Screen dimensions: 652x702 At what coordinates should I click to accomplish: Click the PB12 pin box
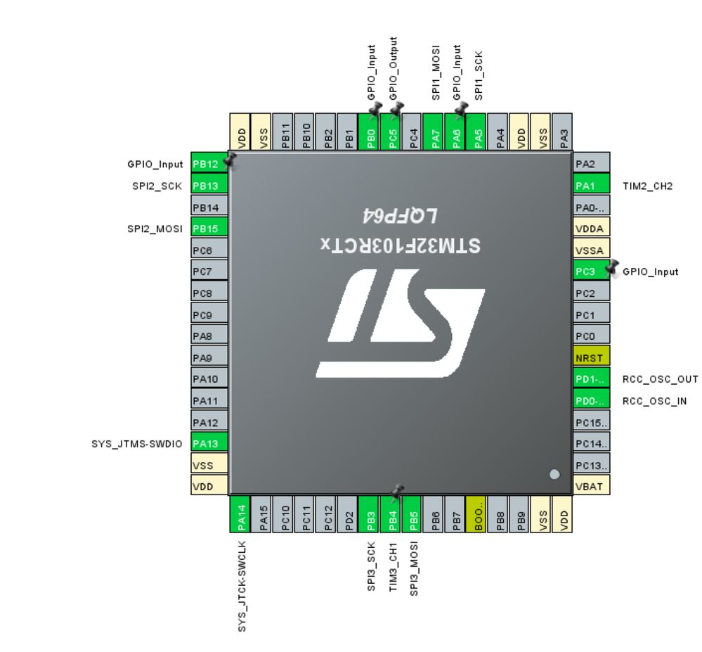(x=209, y=164)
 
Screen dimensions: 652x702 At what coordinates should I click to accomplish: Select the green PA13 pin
(x=209, y=444)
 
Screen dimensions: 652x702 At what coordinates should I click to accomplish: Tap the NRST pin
(x=592, y=357)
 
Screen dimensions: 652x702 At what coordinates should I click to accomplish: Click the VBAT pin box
(x=592, y=486)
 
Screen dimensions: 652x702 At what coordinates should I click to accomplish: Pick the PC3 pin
(x=592, y=271)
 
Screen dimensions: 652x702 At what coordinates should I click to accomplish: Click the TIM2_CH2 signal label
(x=648, y=186)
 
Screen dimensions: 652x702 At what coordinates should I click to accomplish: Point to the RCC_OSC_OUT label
(x=660, y=379)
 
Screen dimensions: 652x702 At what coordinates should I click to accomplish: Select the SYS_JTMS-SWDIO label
(x=136, y=444)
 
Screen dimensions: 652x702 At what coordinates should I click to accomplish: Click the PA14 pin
(x=241, y=516)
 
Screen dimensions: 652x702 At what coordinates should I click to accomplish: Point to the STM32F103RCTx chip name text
(x=401, y=245)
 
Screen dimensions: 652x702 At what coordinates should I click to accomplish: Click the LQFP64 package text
(x=401, y=215)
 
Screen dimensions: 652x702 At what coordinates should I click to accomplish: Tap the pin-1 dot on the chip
(x=554, y=475)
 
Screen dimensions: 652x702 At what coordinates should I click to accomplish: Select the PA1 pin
(x=592, y=186)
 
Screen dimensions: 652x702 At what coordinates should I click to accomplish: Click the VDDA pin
(x=592, y=229)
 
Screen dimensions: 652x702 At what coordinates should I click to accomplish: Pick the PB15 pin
(x=209, y=229)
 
